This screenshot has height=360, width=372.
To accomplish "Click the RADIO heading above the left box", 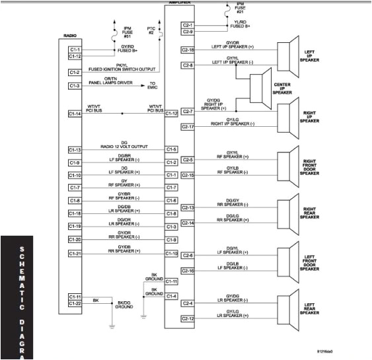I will point(71,35).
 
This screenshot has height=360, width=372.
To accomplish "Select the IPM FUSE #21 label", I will point(239,8).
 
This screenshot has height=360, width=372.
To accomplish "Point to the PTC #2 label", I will point(152,30).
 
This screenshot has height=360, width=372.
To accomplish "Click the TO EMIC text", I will point(153,85).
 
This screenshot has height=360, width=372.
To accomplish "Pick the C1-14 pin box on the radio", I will point(75,114).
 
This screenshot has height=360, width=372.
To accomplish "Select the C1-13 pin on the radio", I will point(75,150).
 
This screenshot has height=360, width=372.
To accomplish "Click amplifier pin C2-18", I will point(188,50).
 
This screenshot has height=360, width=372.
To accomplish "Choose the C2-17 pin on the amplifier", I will point(188,127).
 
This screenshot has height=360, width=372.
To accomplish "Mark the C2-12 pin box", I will point(188,319).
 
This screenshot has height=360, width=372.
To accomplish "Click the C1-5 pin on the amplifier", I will point(172,149).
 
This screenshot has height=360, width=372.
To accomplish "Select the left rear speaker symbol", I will point(289,310).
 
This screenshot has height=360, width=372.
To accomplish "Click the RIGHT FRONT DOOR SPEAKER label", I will point(310,166).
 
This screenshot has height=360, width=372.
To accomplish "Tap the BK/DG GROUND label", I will point(124,305).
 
